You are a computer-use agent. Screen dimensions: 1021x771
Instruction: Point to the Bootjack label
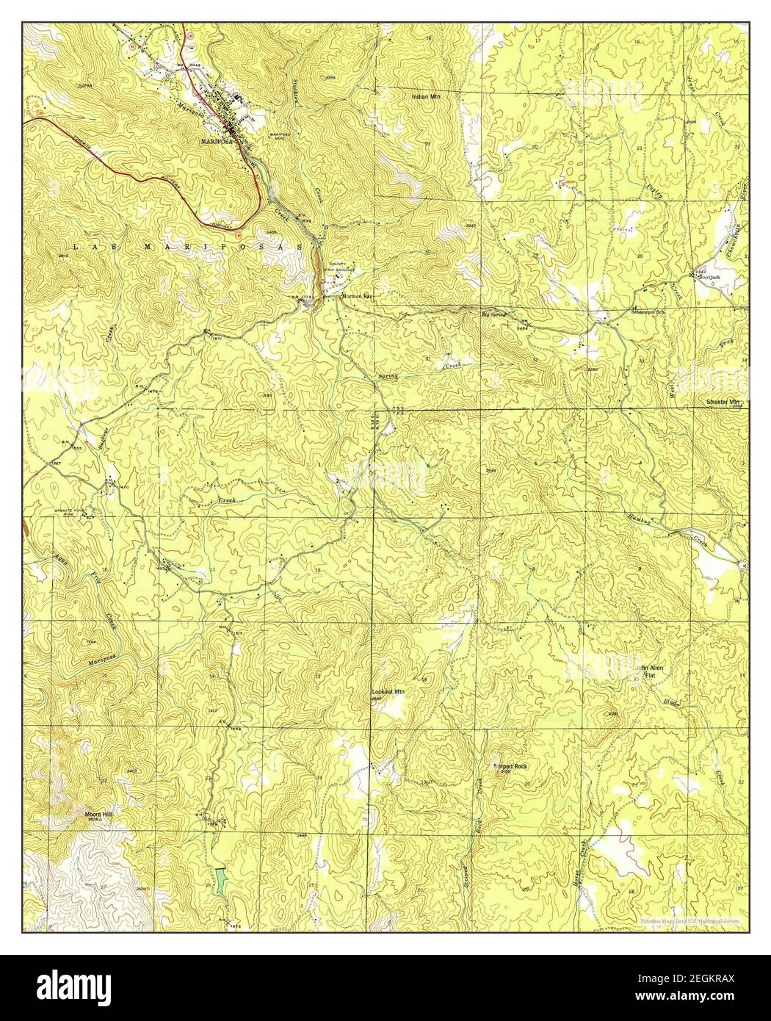pos(711,278)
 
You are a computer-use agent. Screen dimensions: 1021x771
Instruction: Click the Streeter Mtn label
pos(725,403)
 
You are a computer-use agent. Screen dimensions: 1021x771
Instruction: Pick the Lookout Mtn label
pos(388,692)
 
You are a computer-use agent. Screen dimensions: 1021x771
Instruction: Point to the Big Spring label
pos(493,315)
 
